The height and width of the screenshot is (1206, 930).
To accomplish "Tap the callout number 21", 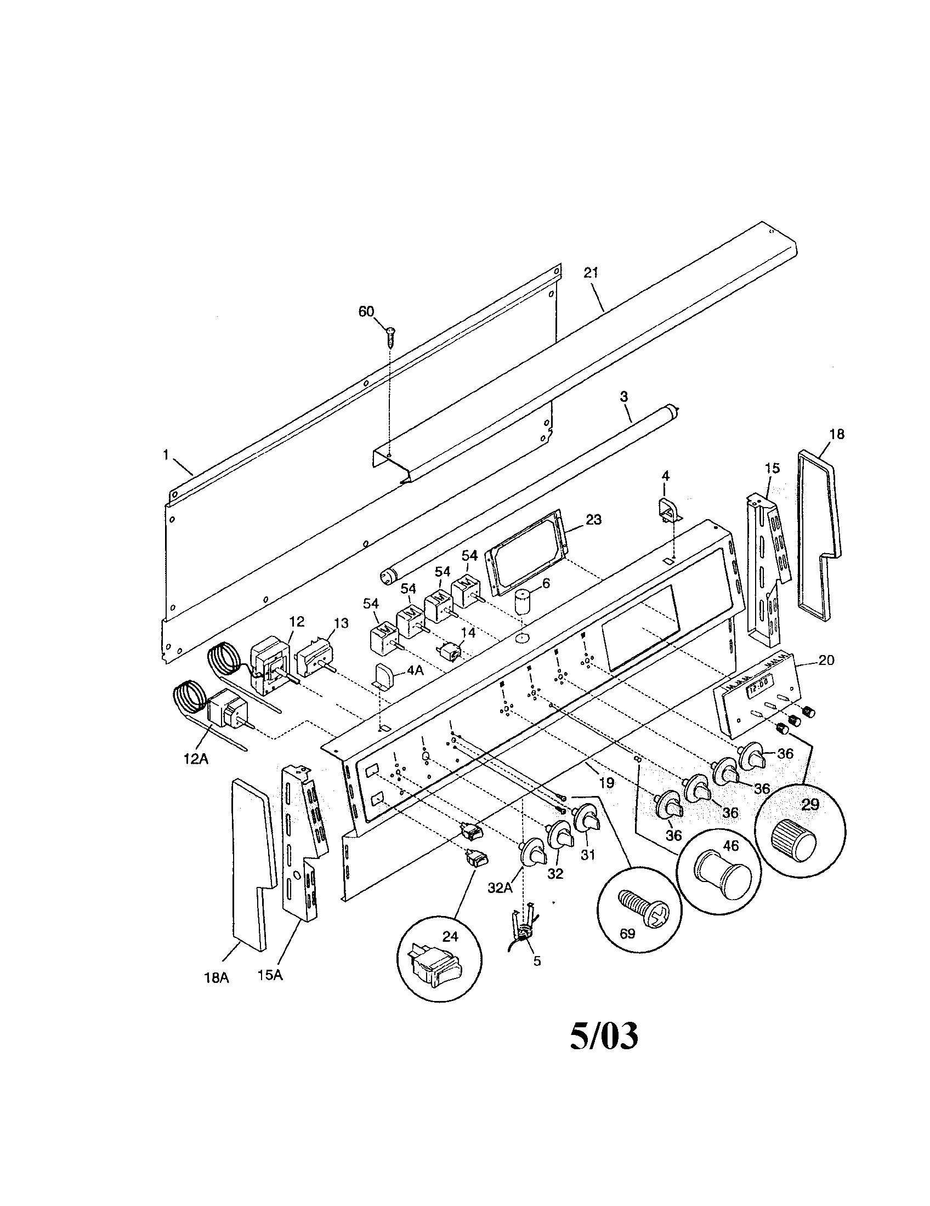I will [591, 273].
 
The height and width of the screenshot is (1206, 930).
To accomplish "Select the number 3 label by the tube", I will [623, 396].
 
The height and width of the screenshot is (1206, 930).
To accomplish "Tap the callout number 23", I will [594, 520].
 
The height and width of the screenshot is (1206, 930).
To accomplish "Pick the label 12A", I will [196, 759].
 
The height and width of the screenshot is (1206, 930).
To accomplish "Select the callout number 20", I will [826, 660].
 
